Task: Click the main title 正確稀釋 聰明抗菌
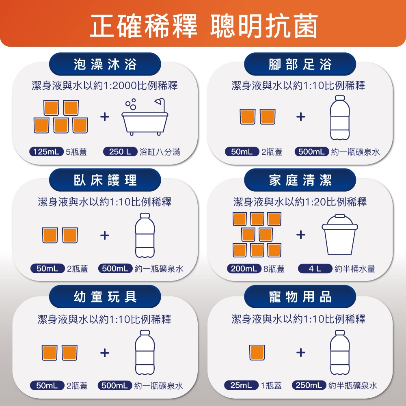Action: (203, 26)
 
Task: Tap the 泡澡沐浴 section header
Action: (105, 64)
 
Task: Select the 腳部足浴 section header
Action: (300, 64)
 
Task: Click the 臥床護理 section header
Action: (105, 180)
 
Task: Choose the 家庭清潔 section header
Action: (300, 180)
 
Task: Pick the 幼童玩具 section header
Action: (105, 296)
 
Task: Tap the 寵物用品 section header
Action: (300, 296)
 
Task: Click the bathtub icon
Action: (145, 117)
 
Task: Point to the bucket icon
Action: (340, 235)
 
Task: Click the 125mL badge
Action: (46, 151)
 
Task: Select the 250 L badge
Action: (120, 151)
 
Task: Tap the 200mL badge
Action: (244, 268)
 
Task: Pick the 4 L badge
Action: (315, 268)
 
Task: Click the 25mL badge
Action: (241, 385)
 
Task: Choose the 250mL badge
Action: (309, 385)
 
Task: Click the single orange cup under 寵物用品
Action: (257, 352)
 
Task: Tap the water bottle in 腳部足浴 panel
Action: (340, 118)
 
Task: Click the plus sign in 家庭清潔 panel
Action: (300, 235)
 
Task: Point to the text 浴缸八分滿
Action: (160, 152)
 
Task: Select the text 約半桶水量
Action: (355, 269)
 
